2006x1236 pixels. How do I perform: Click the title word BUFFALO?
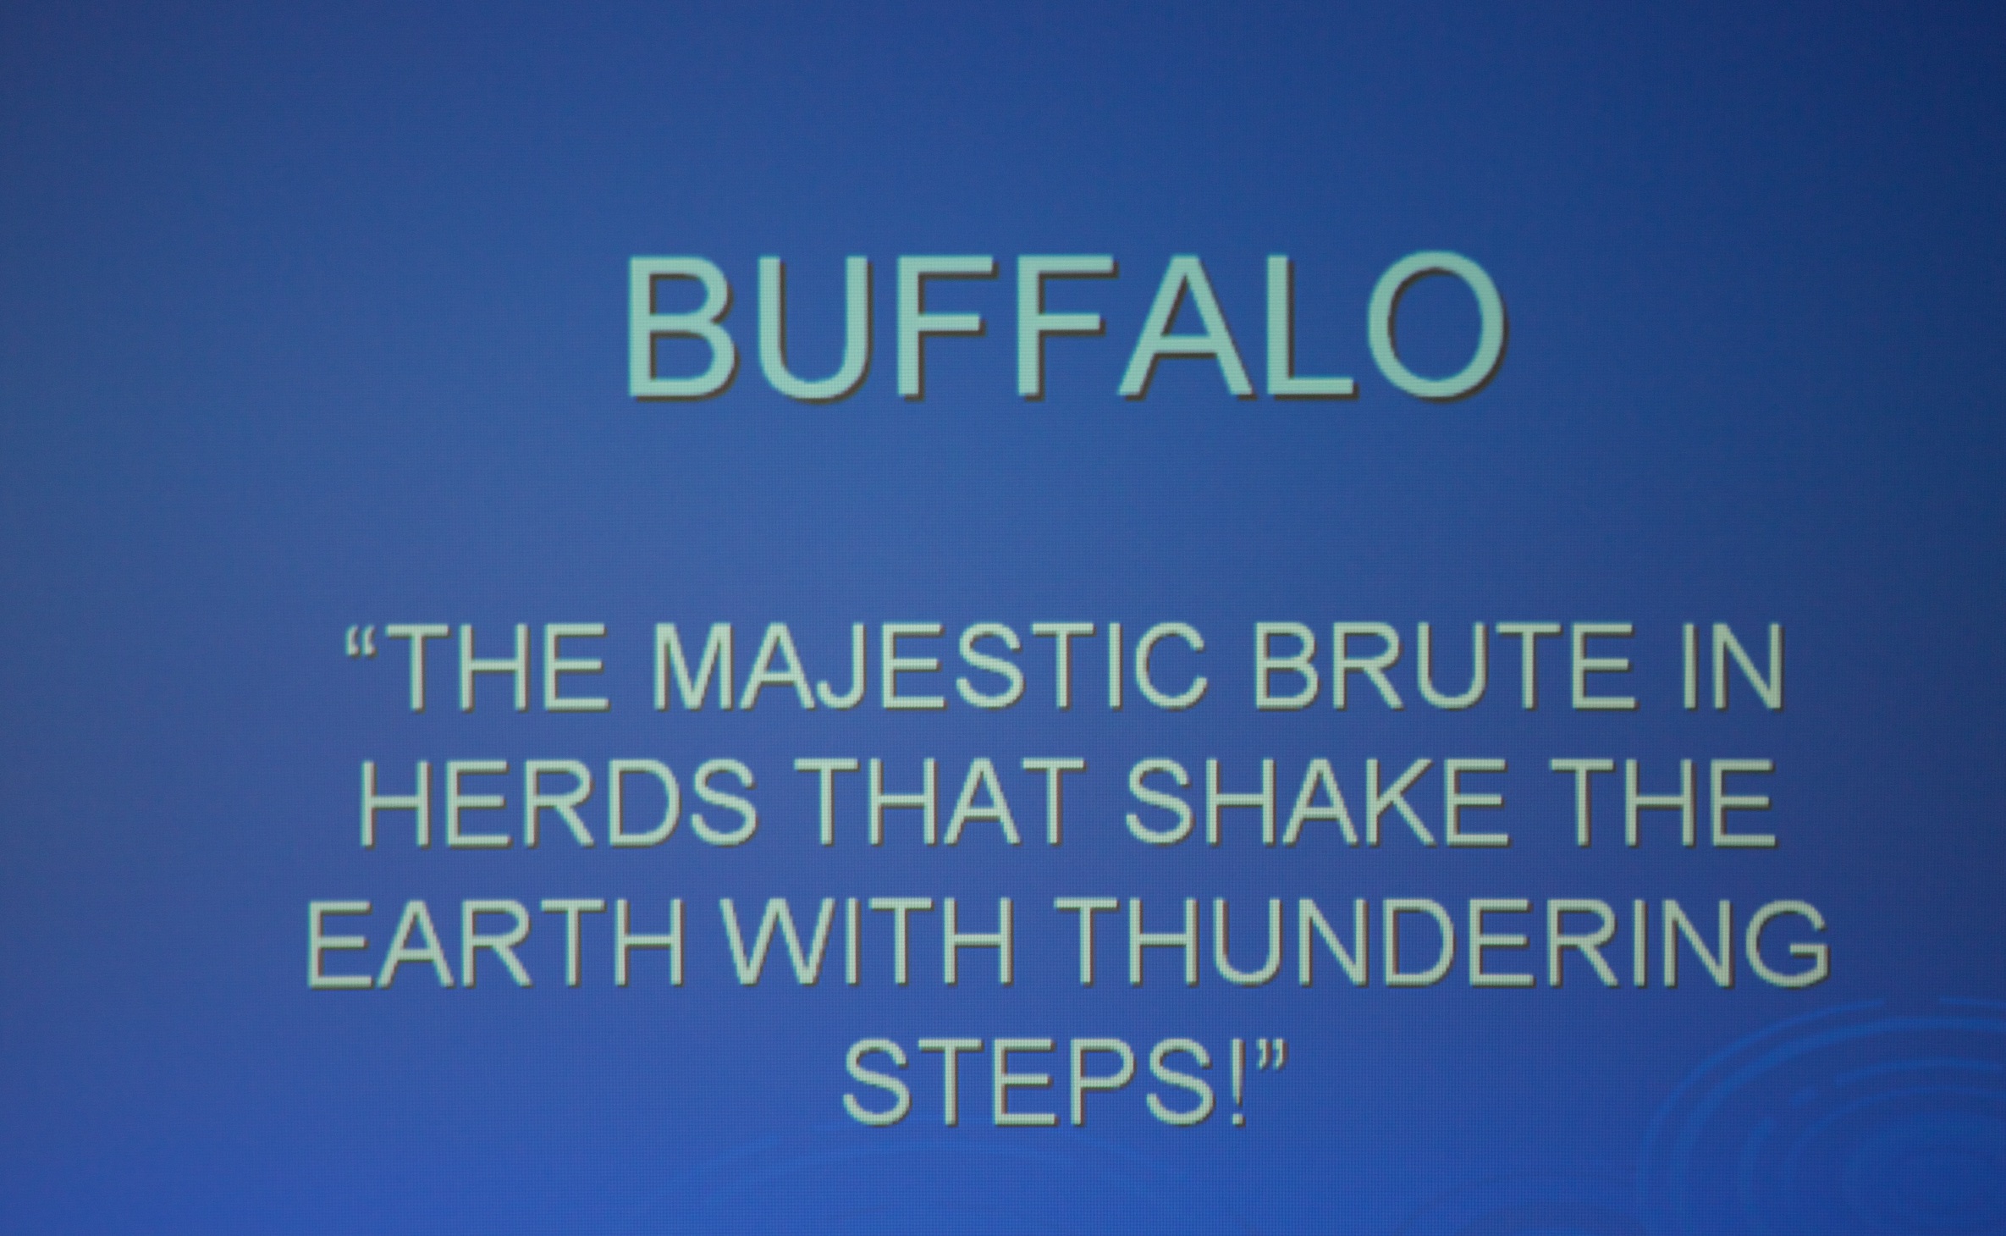coord(1066,325)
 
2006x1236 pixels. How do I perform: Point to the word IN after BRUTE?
coord(1732,667)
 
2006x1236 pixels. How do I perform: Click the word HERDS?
coord(558,802)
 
